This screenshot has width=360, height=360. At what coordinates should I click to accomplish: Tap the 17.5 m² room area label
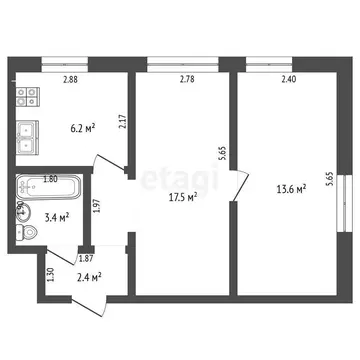pyautogui.click(x=181, y=197)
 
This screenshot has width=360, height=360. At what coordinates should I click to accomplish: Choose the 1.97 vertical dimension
pyautogui.click(x=96, y=207)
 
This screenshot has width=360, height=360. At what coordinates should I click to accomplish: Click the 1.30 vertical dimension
pyautogui.click(x=50, y=274)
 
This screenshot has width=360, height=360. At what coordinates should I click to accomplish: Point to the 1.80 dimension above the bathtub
pyautogui.click(x=50, y=180)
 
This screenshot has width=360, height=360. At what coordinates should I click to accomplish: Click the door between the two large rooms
pyautogui.click(x=237, y=185)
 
